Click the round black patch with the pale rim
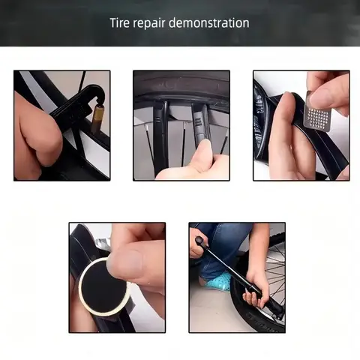[x=104, y=284]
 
